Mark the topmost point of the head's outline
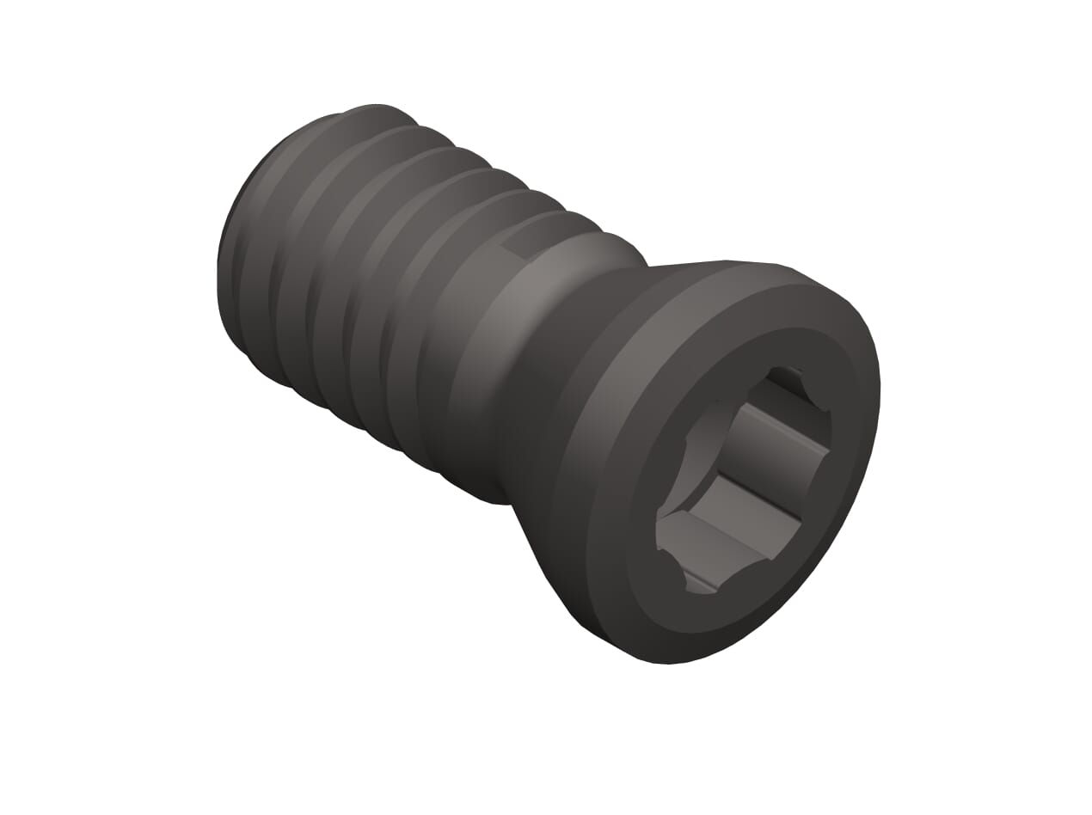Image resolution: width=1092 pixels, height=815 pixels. coord(727,260)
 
